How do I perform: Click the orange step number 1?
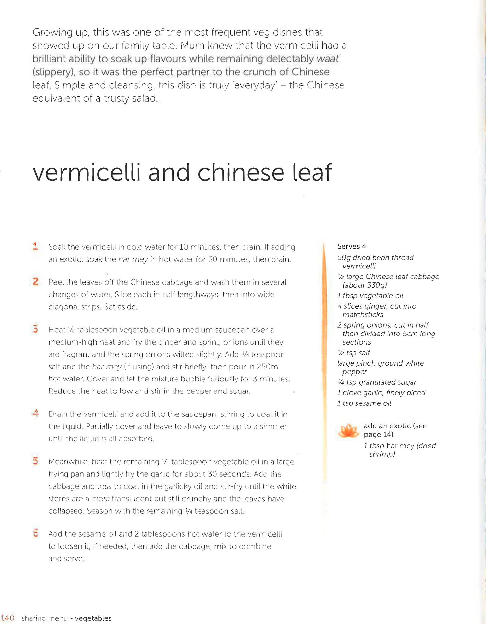[35, 246]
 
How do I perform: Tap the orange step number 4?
[36, 413]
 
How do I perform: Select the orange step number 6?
[36, 533]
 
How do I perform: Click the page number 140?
[7, 618]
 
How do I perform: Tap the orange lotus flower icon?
[348, 431]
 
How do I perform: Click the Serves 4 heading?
[352, 246]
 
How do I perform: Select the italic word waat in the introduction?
[327, 59]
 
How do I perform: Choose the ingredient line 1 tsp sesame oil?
[364, 403]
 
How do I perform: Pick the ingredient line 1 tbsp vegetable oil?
[370, 296]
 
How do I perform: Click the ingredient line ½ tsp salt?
[353, 353]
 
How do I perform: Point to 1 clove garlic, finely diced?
[381, 393]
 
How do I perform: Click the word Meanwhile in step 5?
[68, 462]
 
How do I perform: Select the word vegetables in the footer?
[93, 618]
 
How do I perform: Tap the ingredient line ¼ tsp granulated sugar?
[376, 382]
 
